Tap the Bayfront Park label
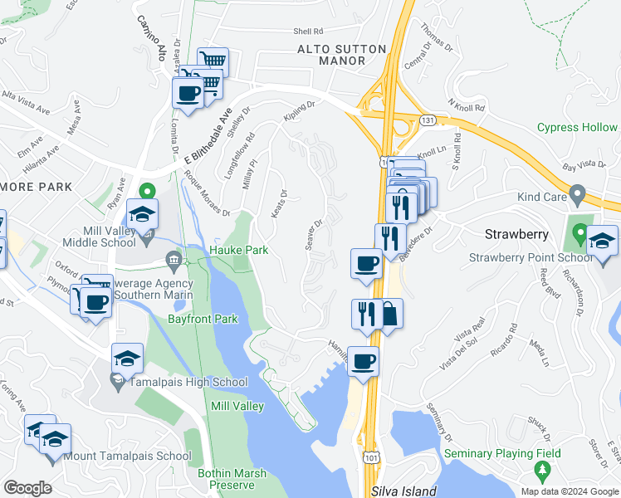[x=203, y=319]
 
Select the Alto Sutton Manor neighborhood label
[x=342, y=55]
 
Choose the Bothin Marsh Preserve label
[x=232, y=479]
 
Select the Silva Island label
[x=403, y=491]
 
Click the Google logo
[x=28, y=487]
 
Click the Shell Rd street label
[x=306, y=32]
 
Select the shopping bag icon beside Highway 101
[x=389, y=314]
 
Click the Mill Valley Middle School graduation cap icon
[x=143, y=213]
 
